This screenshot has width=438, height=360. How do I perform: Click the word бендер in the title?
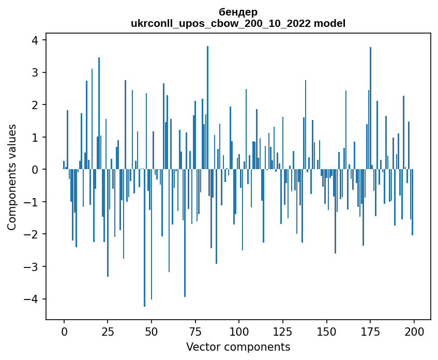238,12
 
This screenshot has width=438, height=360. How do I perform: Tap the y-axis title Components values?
12,177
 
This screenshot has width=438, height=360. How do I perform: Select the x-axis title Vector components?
238,347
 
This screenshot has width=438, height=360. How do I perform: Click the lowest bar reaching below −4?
144,238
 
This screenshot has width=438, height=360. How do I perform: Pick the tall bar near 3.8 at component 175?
370,108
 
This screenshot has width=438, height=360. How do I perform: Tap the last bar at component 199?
412,202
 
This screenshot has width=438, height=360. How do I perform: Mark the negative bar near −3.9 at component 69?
185,233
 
